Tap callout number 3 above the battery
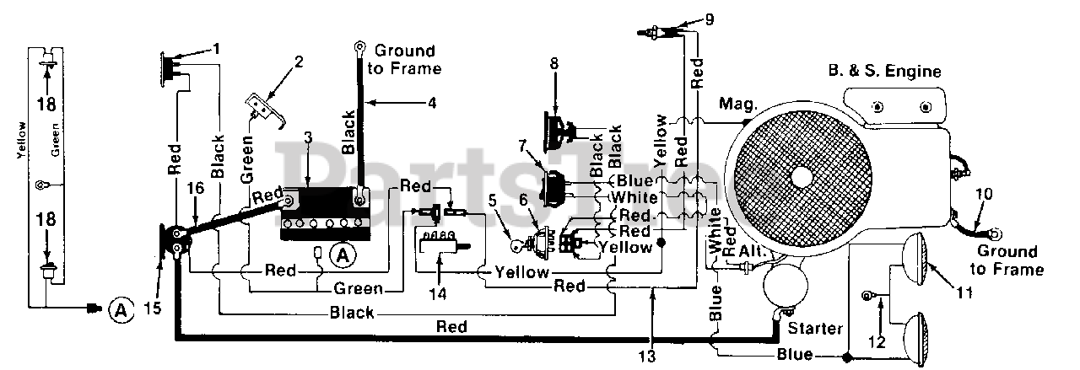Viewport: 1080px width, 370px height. click(307, 136)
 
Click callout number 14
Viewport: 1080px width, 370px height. click(439, 297)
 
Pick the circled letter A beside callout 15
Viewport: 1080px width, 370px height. click(121, 311)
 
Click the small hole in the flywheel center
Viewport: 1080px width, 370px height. click(800, 177)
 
